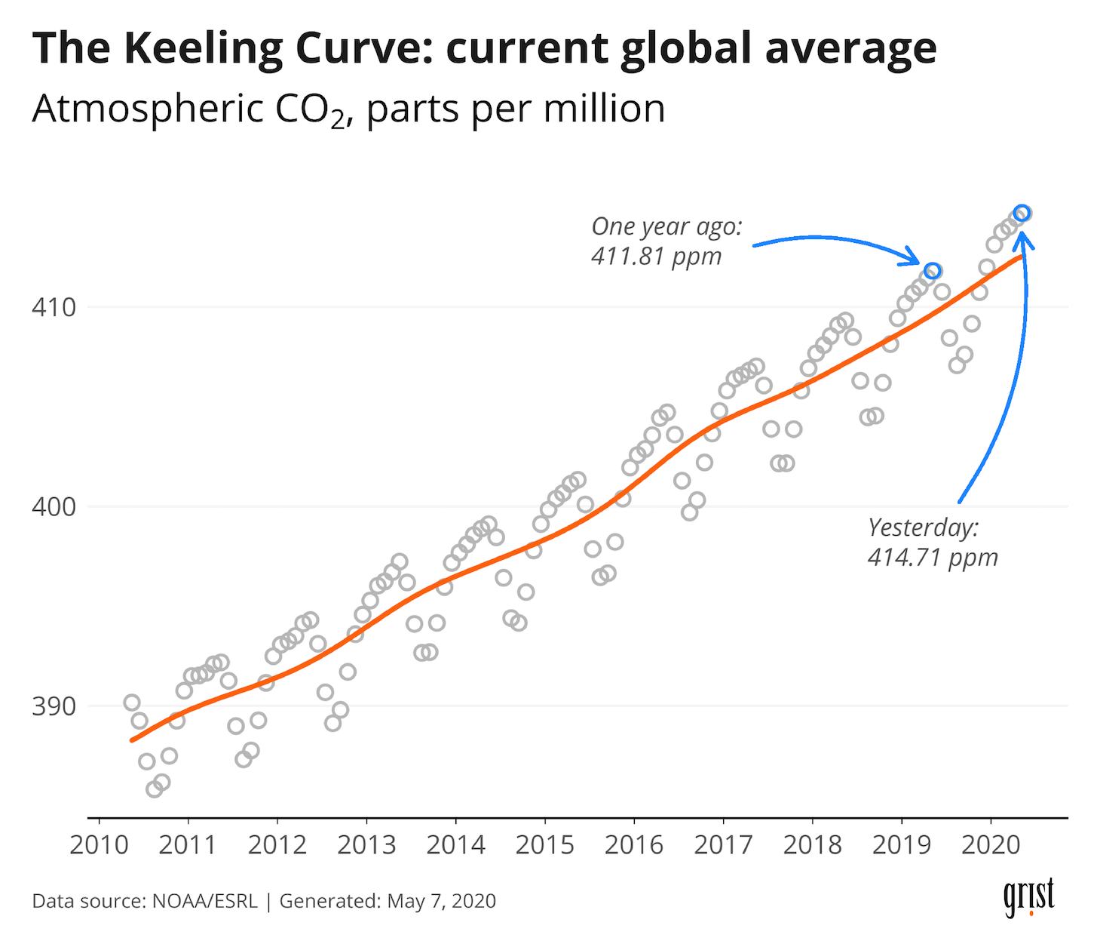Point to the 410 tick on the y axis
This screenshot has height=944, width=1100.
click(x=54, y=308)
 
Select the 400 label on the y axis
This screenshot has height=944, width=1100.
click(x=54, y=506)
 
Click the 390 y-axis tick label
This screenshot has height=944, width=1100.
click(x=54, y=706)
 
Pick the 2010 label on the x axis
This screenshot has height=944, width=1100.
click(x=99, y=845)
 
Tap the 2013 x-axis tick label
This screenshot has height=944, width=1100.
click(x=366, y=845)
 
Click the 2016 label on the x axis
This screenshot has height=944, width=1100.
click(x=634, y=845)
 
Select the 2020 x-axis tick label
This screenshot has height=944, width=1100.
click(x=991, y=845)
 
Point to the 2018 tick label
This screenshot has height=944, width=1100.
click(x=812, y=845)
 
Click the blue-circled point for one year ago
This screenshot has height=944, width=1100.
click(x=933, y=271)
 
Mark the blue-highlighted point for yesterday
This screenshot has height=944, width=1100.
click(x=1022, y=214)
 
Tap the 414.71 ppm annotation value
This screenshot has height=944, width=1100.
click(x=933, y=558)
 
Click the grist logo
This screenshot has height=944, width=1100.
click(x=1028, y=896)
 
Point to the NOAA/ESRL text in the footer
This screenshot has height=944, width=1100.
click(x=204, y=901)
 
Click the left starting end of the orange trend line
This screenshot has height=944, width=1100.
click(x=133, y=740)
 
